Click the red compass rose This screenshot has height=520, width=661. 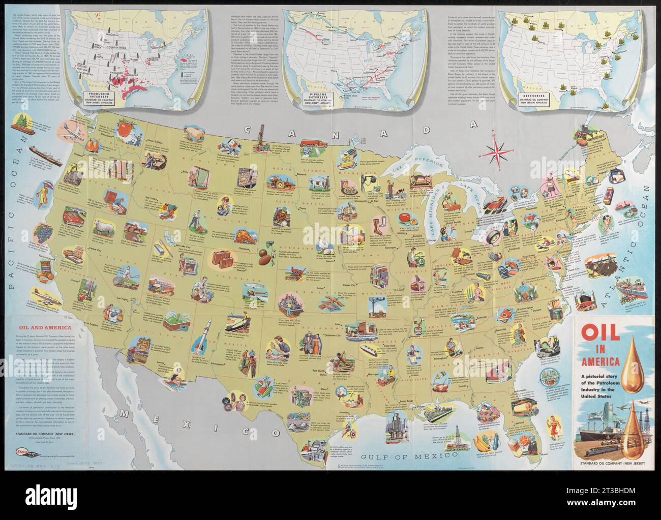[x=497, y=149]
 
